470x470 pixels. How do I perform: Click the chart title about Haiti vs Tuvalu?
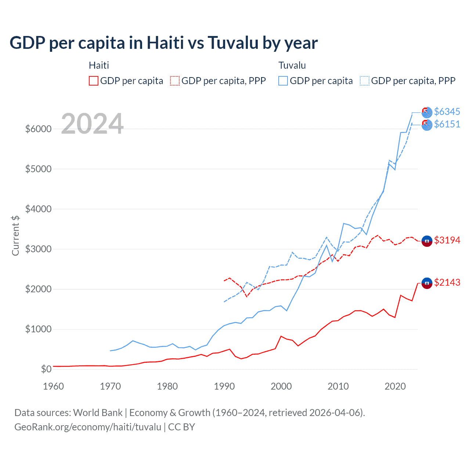coord(163,43)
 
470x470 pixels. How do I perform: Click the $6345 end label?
coord(447,112)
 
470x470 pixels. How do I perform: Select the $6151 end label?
coord(447,124)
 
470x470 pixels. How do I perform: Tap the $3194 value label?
coord(447,240)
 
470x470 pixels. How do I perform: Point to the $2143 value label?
coord(447,282)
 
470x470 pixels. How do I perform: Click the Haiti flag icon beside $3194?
coord(427,241)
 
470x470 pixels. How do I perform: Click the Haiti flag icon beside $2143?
coord(427,283)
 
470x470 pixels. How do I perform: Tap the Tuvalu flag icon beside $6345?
coord(427,112)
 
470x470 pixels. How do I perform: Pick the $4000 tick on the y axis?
coord(38,209)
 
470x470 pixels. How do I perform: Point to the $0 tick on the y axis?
coord(46,369)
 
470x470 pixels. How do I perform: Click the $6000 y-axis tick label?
coord(38,129)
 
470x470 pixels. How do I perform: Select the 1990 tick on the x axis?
coord(224,386)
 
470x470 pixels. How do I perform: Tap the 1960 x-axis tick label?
coord(54,386)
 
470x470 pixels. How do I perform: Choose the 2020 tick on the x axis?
coord(395,386)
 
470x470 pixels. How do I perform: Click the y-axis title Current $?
coord(15,235)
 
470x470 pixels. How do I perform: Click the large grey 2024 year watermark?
coord(92,124)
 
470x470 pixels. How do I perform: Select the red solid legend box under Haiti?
coord(94,81)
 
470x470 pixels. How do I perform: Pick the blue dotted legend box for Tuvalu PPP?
coord(365,81)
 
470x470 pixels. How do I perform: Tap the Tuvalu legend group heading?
coord(292,65)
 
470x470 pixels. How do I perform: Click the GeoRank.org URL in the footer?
coord(88,427)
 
